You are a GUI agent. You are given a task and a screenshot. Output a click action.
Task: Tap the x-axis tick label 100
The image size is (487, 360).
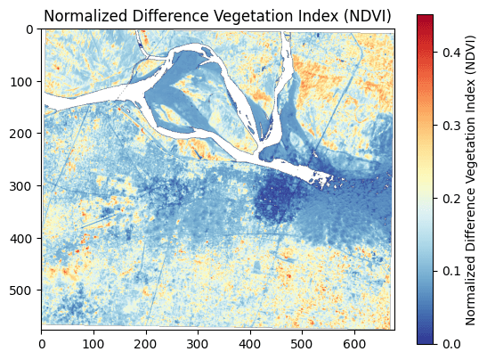(x=93, y=340)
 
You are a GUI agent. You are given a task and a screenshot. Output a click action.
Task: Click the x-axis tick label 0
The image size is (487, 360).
(x=42, y=340)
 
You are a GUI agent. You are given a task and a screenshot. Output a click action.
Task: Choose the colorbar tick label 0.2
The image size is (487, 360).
(x=451, y=198)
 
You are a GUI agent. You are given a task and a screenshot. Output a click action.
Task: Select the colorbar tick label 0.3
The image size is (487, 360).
(x=451, y=125)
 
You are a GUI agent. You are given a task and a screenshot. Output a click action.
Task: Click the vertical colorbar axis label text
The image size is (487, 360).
(x=472, y=179)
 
